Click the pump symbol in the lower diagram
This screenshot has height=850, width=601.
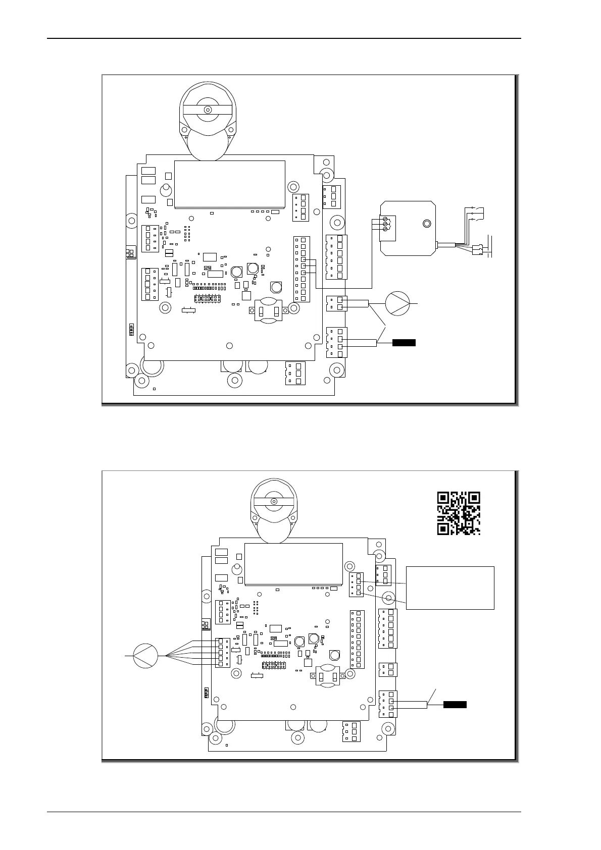click(x=145, y=656)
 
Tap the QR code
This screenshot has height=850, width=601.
click(x=458, y=513)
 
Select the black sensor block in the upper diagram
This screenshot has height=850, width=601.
click(x=404, y=343)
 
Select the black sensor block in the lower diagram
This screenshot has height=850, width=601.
click(x=455, y=704)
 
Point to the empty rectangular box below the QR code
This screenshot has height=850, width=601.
click(x=450, y=588)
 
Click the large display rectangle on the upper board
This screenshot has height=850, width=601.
click(x=229, y=184)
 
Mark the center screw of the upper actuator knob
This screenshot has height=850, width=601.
click(x=207, y=110)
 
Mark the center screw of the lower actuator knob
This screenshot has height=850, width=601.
click(x=273, y=501)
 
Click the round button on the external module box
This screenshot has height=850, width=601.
click(x=427, y=223)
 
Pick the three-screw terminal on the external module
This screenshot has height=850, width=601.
click(x=386, y=224)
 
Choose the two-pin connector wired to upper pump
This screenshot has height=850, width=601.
click(x=337, y=303)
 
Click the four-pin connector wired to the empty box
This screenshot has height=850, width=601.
click(x=357, y=584)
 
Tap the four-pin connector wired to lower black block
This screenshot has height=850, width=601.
click(x=388, y=704)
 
